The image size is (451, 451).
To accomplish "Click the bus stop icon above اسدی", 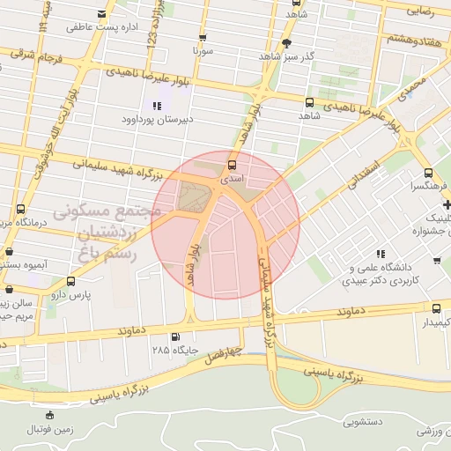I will coord(232,164).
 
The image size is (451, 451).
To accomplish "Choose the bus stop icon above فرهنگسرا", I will coord(427,174).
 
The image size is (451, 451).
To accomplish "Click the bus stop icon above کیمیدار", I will coord(438,308).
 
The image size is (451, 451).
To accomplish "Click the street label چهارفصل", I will coord(217,355).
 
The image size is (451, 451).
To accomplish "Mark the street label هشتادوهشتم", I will coord(413,40).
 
